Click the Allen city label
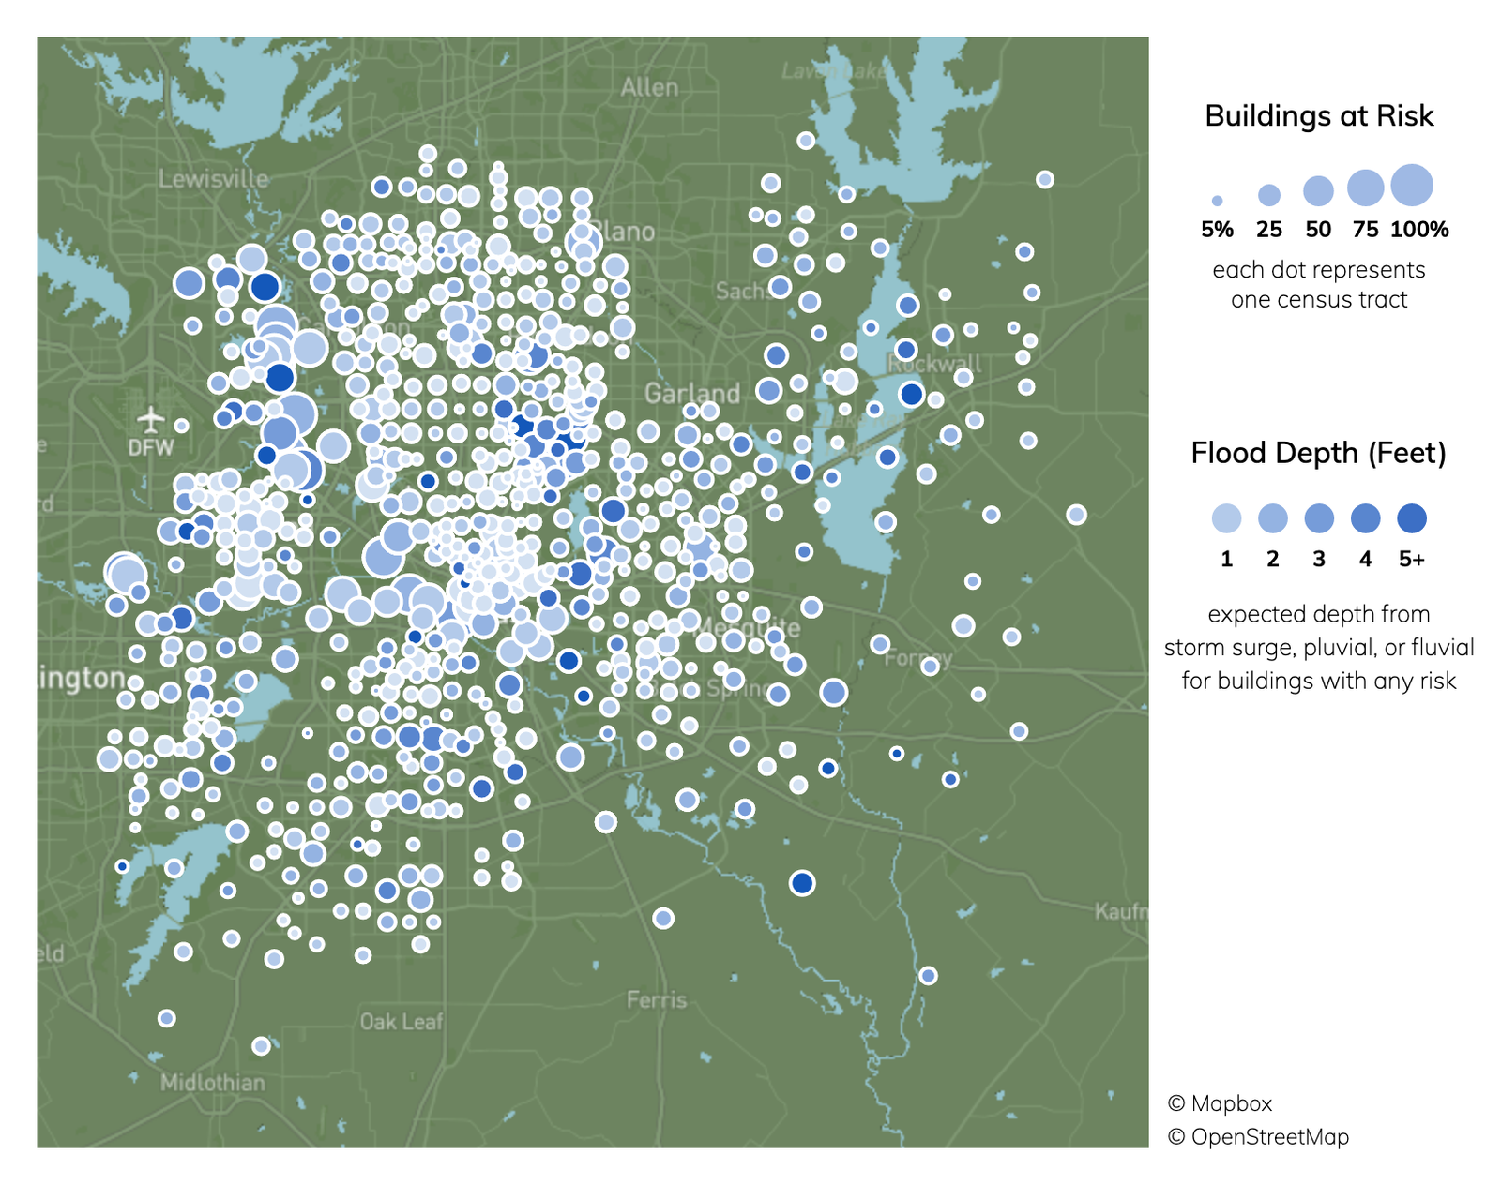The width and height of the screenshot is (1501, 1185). (x=649, y=87)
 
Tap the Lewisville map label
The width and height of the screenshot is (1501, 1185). (x=213, y=178)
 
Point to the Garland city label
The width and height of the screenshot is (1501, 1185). (x=691, y=393)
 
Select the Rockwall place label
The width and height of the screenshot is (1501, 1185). (x=934, y=364)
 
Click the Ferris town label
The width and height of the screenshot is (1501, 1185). (x=657, y=1000)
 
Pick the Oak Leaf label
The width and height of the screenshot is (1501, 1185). (x=402, y=1021)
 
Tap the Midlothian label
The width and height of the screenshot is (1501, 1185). (x=213, y=1083)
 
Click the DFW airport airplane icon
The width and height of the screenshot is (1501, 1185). (x=150, y=418)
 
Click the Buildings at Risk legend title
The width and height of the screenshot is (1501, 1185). (x=1319, y=115)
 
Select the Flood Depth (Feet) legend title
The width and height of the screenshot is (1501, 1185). (x=1318, y=453)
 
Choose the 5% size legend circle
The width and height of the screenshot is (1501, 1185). (x=1217, y=201)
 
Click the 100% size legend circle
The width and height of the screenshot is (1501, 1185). (x=1412, y=185)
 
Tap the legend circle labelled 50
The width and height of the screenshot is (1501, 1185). (x=1318, y=190)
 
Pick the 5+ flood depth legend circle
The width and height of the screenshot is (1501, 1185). (x=1412, y=518)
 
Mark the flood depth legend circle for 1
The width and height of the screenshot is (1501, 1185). (x=1226, y=518)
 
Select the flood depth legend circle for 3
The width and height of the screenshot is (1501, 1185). (x=1319, y=518)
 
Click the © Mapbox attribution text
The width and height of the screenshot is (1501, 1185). (x=1220, y=1103)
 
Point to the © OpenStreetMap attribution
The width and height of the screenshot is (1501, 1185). (x=1258, y=1137)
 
